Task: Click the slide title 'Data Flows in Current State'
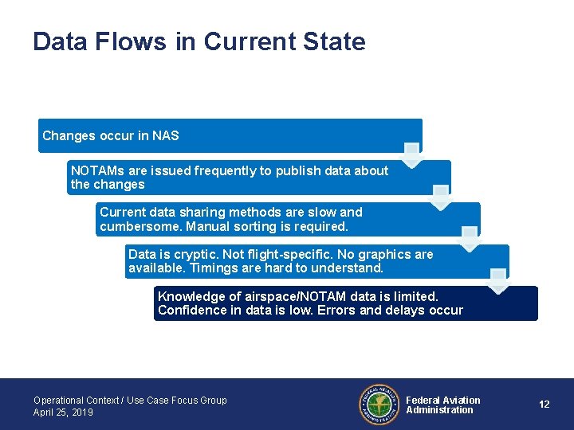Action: [x=199, y=41]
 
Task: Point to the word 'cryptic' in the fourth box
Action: [x=189, y=255]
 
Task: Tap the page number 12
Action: [x=544, y=405]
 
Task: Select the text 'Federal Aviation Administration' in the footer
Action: [x=442, y=405]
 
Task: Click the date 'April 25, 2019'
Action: [x=63, y=412]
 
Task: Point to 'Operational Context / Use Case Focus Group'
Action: [x=130, y=401]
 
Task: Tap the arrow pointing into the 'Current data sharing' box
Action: [x=440, y=196]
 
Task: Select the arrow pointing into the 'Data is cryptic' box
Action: [x=470, y=238]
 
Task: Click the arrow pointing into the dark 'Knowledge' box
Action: [x=498, y=280]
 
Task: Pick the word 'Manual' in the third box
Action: [x=219, y=227]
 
